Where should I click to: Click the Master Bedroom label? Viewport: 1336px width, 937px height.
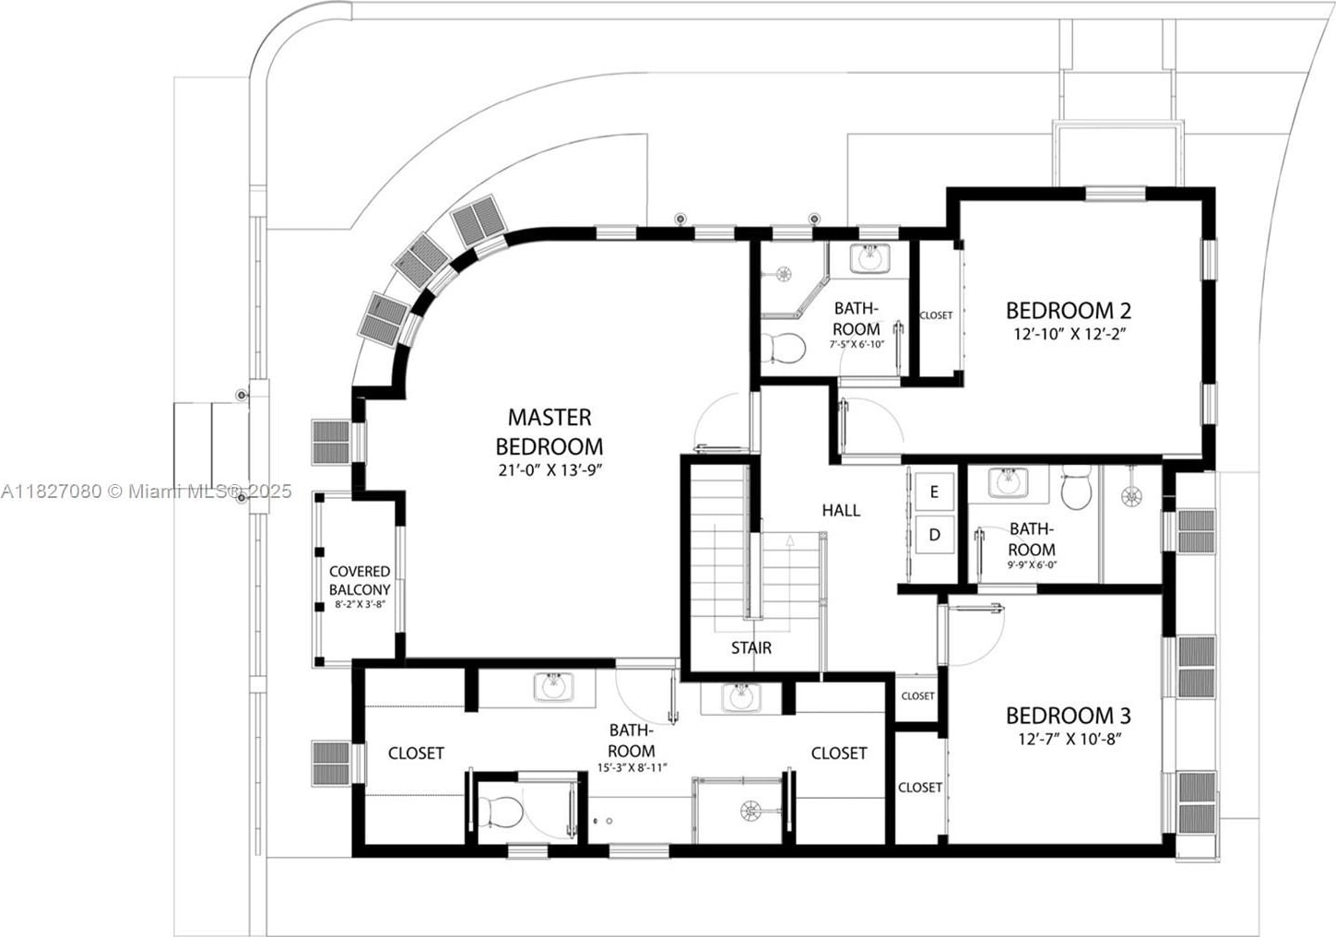coord(550,432)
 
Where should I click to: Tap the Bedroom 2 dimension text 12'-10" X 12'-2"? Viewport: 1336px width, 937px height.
coord(1069,334)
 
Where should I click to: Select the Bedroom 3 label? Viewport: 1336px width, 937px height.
coord(1069,716)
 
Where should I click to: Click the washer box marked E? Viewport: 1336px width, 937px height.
coord(934,492)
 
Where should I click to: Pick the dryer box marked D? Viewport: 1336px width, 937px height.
coord(934,535)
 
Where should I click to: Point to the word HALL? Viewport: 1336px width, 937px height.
coord(841,510)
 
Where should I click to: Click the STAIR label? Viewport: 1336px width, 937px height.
coord(751,647)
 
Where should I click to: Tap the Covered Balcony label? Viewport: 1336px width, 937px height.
coord(360,580)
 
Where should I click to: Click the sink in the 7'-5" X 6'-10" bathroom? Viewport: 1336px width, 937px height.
coord(869,258)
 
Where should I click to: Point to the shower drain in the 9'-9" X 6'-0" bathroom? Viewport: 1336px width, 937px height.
coord(1130,497)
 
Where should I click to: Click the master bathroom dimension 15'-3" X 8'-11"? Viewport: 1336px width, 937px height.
coord(633,768)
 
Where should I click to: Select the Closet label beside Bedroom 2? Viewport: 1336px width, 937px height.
coord(936,314)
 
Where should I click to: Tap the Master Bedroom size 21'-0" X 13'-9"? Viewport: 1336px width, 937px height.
coord(550,470)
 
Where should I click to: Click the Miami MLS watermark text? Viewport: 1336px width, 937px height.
coord(146,492)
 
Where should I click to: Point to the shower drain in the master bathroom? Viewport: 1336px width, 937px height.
coord(751,812)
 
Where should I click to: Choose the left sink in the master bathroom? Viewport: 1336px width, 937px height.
coord(553,687)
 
